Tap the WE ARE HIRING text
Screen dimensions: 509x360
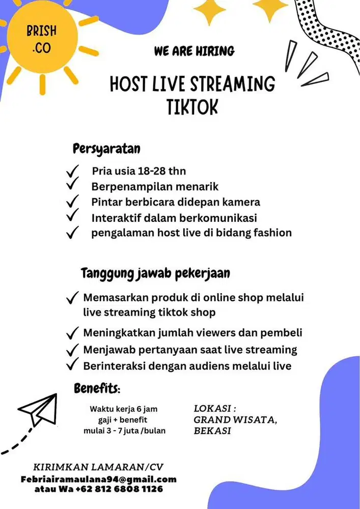click(x=194, y=51)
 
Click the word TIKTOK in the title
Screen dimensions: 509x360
click(x=192, y=107)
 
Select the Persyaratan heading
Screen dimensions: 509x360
click(x=106, y=149)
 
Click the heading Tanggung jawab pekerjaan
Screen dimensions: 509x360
click(x=155, y=273)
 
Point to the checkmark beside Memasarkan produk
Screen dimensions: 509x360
click(x=72, y=297)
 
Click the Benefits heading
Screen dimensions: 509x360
click(x=97, y=389)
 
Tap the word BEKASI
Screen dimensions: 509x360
click(x=212, y=431)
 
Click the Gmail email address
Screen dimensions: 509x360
click(x=98, y=479)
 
